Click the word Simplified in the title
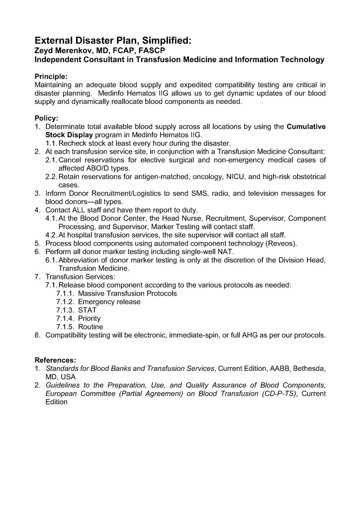161,41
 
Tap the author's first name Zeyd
44,51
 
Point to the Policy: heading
46,118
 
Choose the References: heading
55,360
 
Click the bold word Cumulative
306,127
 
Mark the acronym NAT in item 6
218,252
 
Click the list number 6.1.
51,260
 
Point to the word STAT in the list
88,310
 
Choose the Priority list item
90,319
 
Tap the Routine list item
90,327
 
